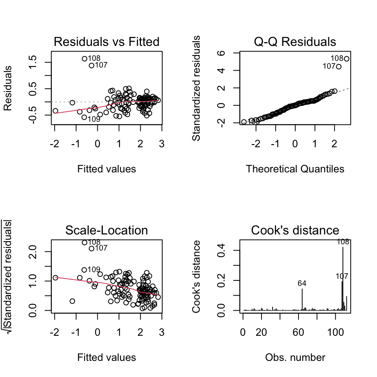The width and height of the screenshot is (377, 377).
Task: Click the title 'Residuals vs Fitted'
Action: (106, 42)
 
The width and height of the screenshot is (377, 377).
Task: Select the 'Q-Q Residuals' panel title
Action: (295, 42)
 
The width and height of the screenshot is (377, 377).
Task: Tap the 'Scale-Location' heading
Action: (106, 230)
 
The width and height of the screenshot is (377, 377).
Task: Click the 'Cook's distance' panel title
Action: (295, 230)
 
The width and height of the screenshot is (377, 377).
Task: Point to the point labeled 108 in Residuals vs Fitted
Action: (84, 59)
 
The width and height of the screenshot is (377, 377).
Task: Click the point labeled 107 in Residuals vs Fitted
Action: (91, 66)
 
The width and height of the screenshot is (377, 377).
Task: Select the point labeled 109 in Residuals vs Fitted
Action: (84, 117)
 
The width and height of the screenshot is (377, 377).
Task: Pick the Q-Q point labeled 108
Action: (347, 59)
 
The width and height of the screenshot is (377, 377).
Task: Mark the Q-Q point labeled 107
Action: (339, 67)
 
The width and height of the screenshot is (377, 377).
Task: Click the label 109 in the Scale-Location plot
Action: (93, 269)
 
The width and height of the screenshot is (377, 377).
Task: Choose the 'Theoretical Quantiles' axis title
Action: (295, 169)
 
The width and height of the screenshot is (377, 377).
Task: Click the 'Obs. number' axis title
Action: (295, 357)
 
